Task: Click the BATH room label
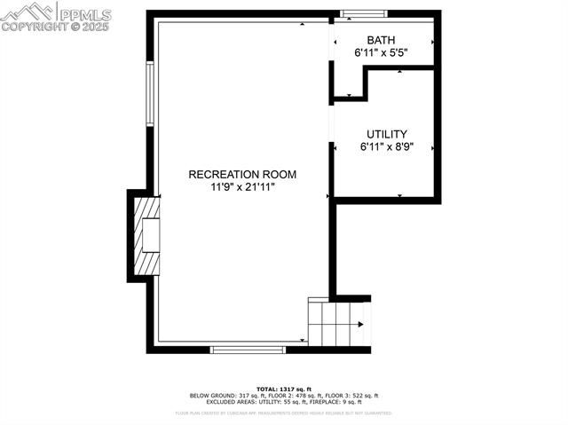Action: (x=382, y=40)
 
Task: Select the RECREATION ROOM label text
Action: (x=242, y=175)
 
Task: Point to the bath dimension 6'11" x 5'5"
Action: (x=382, y=53)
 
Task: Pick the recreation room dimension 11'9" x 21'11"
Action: (x=242, y=187)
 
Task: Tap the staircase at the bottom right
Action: (x=337, y=325)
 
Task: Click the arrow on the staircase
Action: (x=359, y=325)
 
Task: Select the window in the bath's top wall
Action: (x=364, y=13)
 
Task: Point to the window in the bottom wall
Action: (x=248, y=350)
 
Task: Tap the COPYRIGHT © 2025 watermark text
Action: (x=54, y=27)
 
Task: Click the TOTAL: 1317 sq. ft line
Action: (x=284, y=390)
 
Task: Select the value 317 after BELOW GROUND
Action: (x=244, y=396)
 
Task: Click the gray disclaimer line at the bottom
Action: (x=284, y=413)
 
